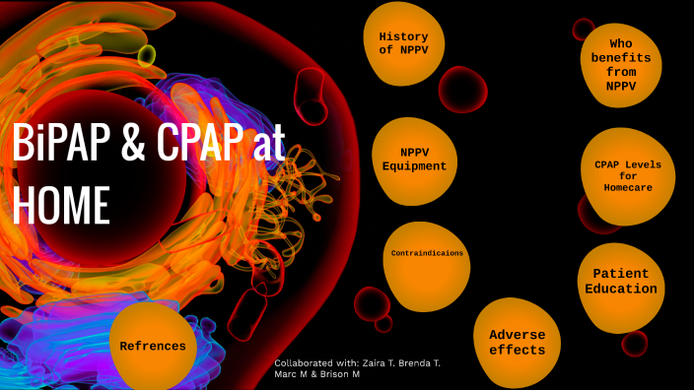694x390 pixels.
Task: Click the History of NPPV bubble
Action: click(403, 43)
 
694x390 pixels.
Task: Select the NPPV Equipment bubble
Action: click(414, 159)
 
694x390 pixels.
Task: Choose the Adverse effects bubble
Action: click(516, 341)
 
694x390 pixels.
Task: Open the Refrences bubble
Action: click(153, 346)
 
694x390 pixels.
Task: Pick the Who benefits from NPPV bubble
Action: click(620, 65)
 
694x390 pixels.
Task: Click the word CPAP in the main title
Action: click(198, 146)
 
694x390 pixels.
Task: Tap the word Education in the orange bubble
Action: click(621, 289)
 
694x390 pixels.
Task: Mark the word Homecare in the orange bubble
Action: click(629, 188)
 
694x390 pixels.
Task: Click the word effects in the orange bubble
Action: click(517, 350)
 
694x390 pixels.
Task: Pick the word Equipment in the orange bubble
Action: click(414, 166)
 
